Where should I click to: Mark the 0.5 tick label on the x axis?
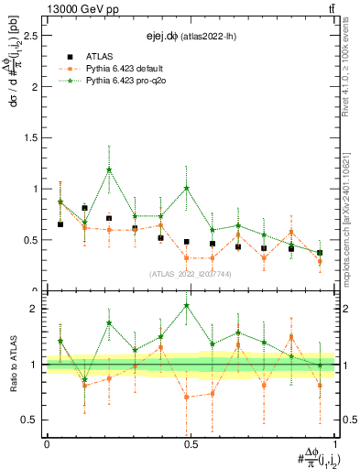[x=191, y=443]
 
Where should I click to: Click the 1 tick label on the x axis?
[x=335, y=443]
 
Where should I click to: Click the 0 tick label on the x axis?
[x=47, y=443]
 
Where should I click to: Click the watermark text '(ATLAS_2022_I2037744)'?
[x=191, y=274]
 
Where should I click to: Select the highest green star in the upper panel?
[x=109, y=169]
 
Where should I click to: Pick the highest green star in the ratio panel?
[x=187, y=305]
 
